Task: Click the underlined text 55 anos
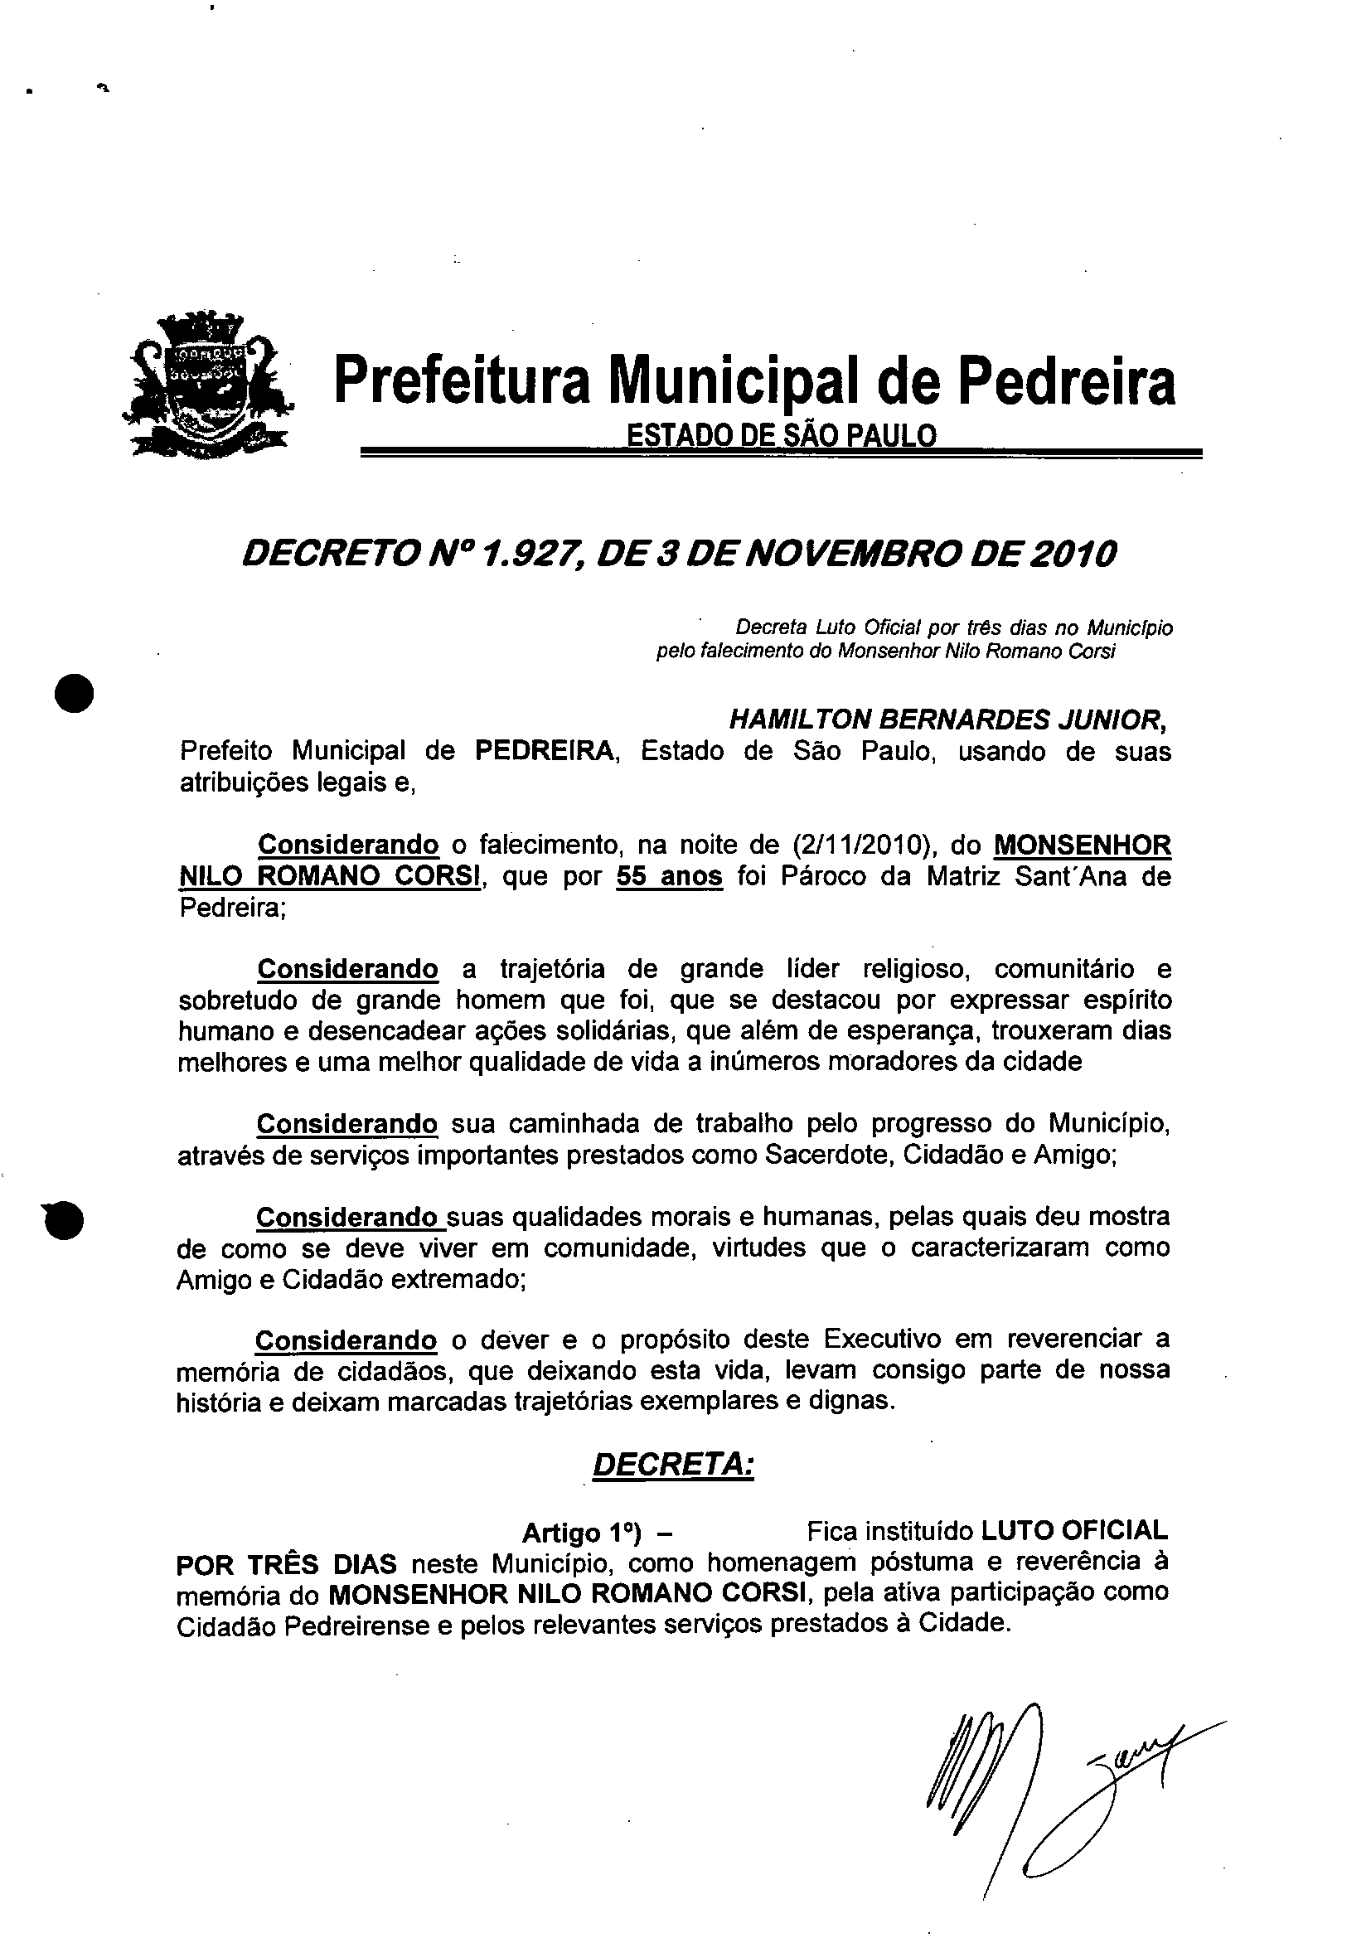tap(670, 877)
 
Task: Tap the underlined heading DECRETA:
tap(673, 1466)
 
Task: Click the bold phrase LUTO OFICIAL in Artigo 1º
tap(1073, 1529)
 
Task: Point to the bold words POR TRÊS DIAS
tap(286, 1564)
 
